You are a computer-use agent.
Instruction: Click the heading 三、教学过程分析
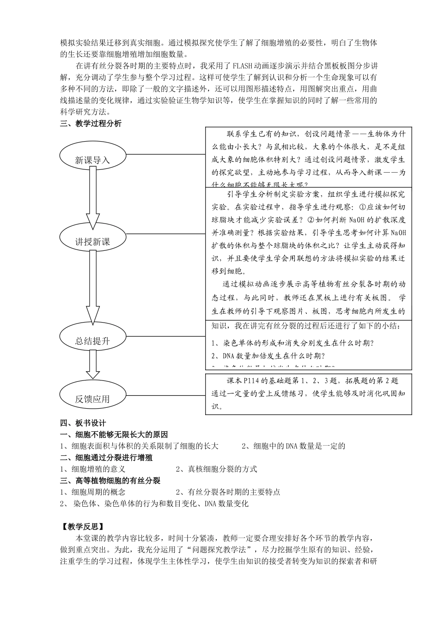[x=91, y=124]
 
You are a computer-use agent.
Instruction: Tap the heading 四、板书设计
[x=83, y=423]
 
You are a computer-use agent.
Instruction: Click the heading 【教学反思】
[x=82, y=526]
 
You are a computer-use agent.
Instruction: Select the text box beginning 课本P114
[x=308, y=394]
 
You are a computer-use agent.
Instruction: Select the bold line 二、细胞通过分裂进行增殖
[x=106, y=458]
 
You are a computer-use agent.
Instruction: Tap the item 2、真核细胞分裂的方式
[x=216, y=469]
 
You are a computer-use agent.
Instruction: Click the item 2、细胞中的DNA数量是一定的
[x=293, y=446]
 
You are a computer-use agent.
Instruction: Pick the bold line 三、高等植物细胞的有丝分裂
[x=110, y=480]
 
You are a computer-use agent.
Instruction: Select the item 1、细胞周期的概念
[x=93, y=492]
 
